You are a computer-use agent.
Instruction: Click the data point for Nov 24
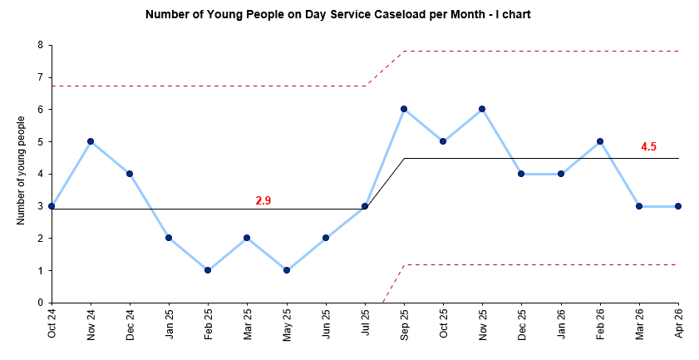tap(91, 141)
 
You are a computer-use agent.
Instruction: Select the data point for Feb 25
tap(208, 270)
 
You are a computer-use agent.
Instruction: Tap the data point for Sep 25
tap(404, 109)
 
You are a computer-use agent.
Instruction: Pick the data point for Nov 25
tap(482, 109)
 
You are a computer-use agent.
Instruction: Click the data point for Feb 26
tap(600, 141)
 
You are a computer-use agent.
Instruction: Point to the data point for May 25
tap(287, 270)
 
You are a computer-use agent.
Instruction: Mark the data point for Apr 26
tap(678, 206)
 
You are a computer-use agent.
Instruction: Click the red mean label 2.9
tap(263, 200)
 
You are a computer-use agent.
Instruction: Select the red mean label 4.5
tap(648, 146)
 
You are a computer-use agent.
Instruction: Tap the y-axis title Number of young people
tap(21, 170)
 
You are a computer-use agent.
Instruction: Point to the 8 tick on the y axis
tap(40, 45)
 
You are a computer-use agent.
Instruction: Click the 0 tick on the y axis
tap(40, 303)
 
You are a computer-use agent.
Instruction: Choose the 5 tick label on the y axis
tap(40, 141)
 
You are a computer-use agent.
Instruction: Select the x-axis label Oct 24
tap(52, 323)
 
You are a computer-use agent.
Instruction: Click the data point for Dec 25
tap(521, 174)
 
